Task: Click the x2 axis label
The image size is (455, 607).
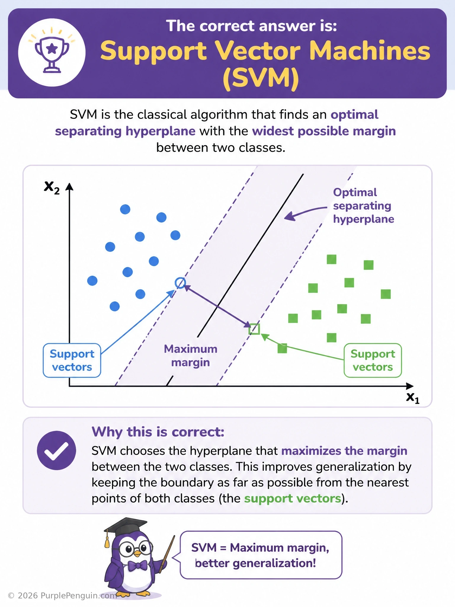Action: [52, 187]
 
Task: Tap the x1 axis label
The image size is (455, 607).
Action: [413, 398]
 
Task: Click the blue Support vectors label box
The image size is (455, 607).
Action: [72, 360]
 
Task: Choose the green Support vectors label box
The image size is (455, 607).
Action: [373, 360]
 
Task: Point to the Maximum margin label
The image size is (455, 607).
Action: [190, 356]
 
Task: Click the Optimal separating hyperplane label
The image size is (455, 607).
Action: [363, 206]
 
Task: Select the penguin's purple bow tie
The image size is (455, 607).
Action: [137, 566]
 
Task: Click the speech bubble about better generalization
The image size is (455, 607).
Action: [261, 555]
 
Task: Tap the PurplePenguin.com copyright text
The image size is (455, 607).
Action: [62, 596]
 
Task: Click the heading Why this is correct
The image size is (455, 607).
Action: [158, 432]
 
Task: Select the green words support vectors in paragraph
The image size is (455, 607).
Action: [293, 499]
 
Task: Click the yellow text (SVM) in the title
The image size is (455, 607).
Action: [261, 79]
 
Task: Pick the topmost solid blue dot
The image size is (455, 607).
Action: [125, 209]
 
